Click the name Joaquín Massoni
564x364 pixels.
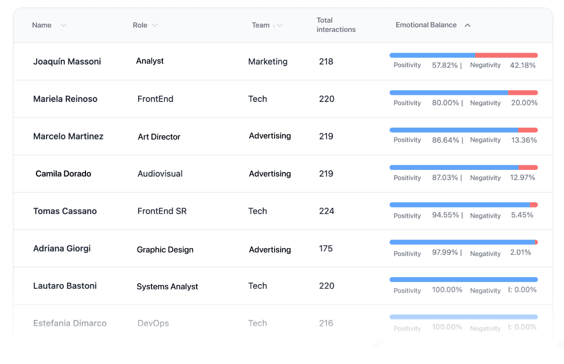click(x=67, y=62)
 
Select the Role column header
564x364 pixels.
click(x=140, y=25)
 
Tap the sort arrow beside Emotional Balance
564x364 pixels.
click(x=467, y=25)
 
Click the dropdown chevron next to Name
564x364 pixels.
click(x=63, y=25)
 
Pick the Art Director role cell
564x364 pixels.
click(x=159, y=137)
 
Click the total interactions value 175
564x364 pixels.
click(x=326, y=249)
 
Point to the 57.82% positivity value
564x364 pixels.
click(x=445, y=65)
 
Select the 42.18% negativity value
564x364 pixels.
click(x=522, y=65)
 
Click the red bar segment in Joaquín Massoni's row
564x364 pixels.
click(x=506, y=55)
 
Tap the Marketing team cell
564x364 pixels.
click(x=268, y=62)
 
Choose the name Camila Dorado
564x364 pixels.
click(x=63, y=174)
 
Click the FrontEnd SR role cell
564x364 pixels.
click(x=162, y=211)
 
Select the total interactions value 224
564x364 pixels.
click(x=327, y=211)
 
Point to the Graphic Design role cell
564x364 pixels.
click(x=165, y=250)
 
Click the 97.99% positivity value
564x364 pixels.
click(x=445, y=253)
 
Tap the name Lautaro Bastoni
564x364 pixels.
click(x=65, y=286)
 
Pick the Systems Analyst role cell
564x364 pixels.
click(x=167, y=287)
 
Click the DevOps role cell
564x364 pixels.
click(x=153, y=323)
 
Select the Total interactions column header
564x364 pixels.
click(x=336, y=25)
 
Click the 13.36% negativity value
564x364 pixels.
click(x=523, y=140)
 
